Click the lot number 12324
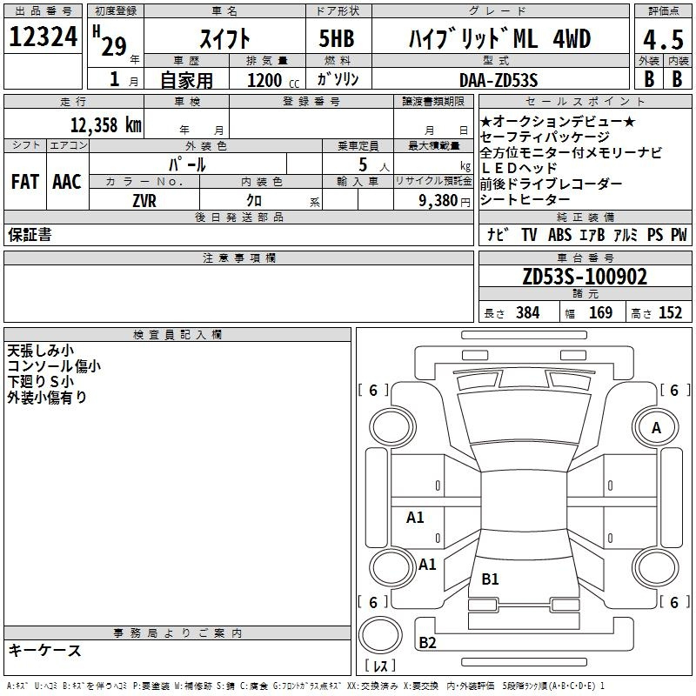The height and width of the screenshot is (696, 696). (43, 37)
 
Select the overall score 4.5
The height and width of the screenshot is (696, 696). (663, 39)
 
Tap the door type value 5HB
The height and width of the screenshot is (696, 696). (337, 38)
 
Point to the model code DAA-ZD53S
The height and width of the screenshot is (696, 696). (499, 80)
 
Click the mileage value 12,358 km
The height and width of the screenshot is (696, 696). (105, 125)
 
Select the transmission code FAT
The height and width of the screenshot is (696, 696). (25, 182)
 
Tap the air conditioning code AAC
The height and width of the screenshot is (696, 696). (67, 182)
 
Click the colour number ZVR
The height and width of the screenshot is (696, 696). (144, 201)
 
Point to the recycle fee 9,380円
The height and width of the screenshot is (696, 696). (445, 201)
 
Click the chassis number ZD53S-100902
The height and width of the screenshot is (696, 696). (585, 277)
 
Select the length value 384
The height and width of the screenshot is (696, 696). (528, 312)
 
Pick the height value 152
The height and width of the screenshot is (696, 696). (670, 312)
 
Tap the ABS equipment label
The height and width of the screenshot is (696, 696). (559, 235)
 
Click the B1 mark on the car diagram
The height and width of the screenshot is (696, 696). (490, 579)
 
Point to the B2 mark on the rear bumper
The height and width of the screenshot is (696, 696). (427, 642)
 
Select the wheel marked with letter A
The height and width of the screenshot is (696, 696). (656, 427)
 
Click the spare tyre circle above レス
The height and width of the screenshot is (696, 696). (380, 635)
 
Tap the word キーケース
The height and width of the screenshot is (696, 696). (44, 650)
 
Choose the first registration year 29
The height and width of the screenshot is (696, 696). (114, 46)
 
